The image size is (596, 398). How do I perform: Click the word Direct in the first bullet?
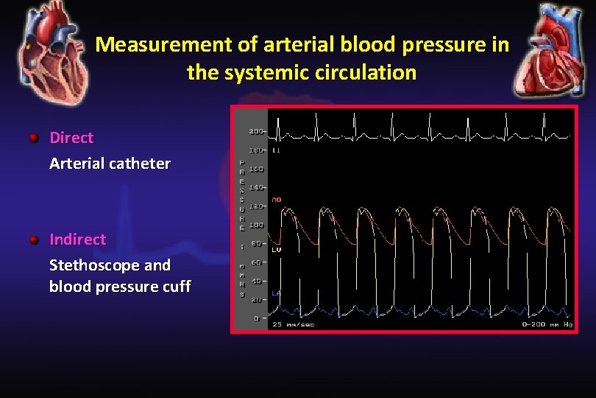click(71, 138)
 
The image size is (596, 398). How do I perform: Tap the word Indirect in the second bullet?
click(77, 240)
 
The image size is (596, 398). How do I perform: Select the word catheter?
click(140, 164)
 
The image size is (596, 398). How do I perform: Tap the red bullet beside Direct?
click(34, 138)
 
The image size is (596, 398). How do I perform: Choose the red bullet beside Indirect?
click(34, 240)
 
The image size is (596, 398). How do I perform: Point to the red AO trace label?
click(277, 200)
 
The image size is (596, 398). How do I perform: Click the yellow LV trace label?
click(277, 250)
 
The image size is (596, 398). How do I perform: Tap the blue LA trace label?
click(277, 293)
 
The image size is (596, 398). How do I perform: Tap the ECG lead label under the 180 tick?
click(277, 150)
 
